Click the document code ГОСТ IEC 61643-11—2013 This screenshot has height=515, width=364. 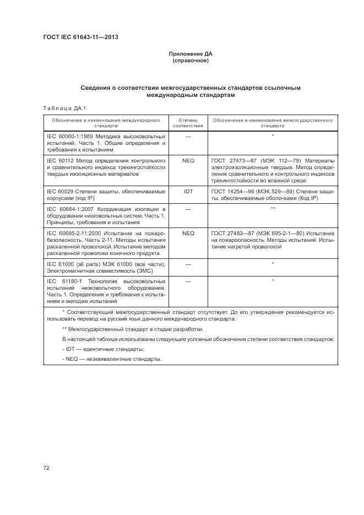80,37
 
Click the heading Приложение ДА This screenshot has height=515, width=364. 190,54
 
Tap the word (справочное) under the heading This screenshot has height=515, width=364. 190,61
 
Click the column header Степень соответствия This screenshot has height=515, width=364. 188,122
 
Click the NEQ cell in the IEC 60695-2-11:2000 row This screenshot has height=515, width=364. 188,234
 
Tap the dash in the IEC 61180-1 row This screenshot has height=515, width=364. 188,281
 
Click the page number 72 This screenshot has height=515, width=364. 46,468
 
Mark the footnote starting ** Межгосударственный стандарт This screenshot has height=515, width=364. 132,329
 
